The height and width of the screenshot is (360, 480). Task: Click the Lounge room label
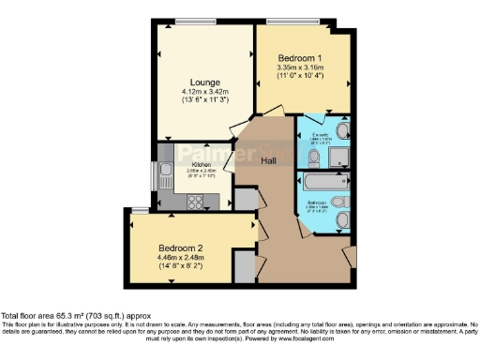(x=206, y=82)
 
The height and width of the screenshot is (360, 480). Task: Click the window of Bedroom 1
(x=290, y=20)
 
